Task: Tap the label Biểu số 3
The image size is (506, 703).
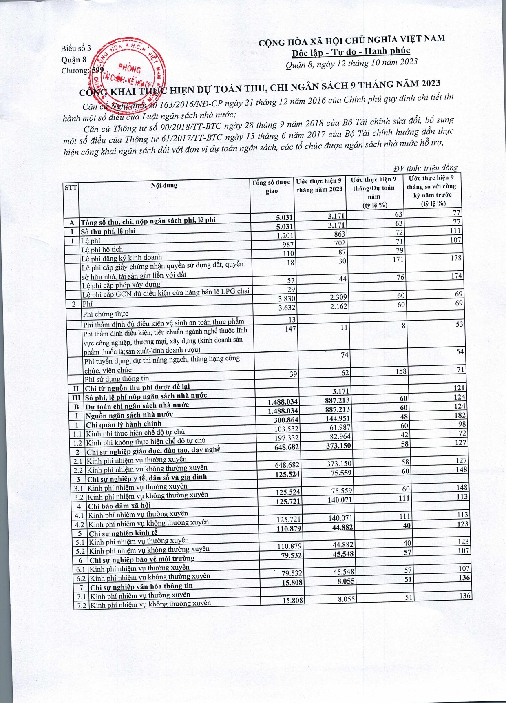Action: [76, 49]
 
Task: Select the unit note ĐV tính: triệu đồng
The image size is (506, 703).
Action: [426, 168]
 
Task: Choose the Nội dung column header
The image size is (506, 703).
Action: [164, 185]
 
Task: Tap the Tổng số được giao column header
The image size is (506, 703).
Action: [271, 187]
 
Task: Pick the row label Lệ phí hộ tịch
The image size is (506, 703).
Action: [102, 249]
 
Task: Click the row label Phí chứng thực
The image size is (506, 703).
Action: [106, 314]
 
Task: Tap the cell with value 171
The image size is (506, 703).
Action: [398, 259]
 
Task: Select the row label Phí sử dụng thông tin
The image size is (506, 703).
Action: [117, 378]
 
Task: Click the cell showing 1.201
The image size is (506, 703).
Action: [285, 235]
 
